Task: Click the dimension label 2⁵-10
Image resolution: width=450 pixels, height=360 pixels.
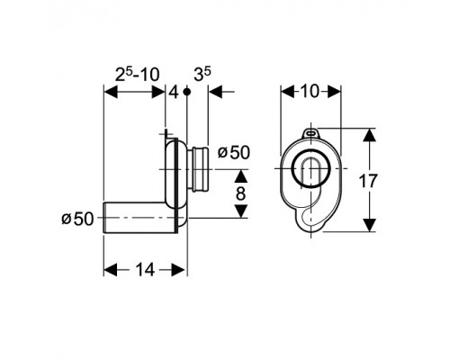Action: [x=138, y=75]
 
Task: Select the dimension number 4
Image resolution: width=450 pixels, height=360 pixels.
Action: [x=174, y=92]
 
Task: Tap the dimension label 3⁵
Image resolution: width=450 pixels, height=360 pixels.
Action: [x=202, y=74]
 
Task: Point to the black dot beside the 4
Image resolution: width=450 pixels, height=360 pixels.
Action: [x=187, y=92]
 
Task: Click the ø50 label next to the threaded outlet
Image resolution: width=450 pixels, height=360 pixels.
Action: [x=234, y=153]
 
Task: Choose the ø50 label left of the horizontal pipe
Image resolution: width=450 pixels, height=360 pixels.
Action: [x=77, y=219]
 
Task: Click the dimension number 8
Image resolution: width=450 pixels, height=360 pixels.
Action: [x=240, y=193]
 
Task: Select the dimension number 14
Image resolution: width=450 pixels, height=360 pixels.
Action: [x=146, y=269]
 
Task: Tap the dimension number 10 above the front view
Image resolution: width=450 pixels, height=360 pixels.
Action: [x=310, y=91]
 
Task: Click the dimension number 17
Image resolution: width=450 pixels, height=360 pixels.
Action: [x=368, y=181]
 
